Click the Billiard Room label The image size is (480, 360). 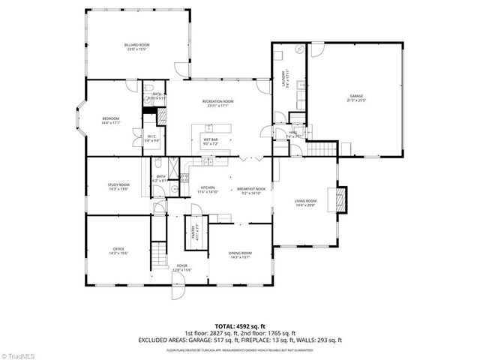[x=137, y=47]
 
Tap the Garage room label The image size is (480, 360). [x=356, y=97]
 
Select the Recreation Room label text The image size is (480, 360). [x=217, y=103]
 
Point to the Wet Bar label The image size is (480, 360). [x=209, y=139]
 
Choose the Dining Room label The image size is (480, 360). [x=240, y=255]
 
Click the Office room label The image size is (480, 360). [x=118, y=251]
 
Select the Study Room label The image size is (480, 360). [x=119, y=187]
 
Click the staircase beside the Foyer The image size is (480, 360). [x=159, y=255]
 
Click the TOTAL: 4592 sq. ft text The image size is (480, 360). [x=240, y=325]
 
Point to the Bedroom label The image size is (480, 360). [x=111, y=121]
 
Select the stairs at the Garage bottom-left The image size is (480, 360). [x=320, y=150]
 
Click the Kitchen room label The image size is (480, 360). [x=208, y=190]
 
